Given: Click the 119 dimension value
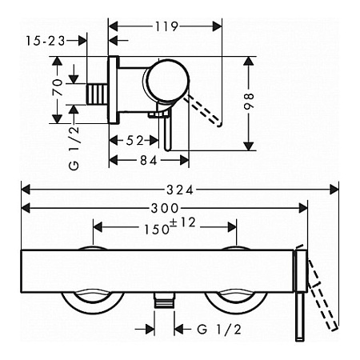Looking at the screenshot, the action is tap(166, 26).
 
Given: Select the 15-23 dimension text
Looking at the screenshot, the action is tap(46, 41).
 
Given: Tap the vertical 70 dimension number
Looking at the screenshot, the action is tap(58, 87).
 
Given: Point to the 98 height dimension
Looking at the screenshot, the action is tap(249, 102).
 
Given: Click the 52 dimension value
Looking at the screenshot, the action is tap(134, 140).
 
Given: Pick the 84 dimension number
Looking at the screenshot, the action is tap(149, 160).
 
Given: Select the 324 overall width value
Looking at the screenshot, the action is tap(180, 190).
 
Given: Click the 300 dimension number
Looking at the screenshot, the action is tap(165, 208).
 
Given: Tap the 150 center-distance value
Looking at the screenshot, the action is tap(157, 230).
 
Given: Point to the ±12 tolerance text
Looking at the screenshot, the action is tap(183, 222).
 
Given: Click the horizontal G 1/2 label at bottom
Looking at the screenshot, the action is tap(219, 330).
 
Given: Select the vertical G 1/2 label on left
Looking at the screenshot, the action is tap(74, 148).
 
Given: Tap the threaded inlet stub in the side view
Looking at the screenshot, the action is tap(98, 94).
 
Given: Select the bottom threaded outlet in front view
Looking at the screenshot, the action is tap(165, 300).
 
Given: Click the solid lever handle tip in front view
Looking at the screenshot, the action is tap(299, 338).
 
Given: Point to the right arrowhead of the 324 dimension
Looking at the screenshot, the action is tap(334, 190).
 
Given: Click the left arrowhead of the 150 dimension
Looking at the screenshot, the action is tap(98, 227).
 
